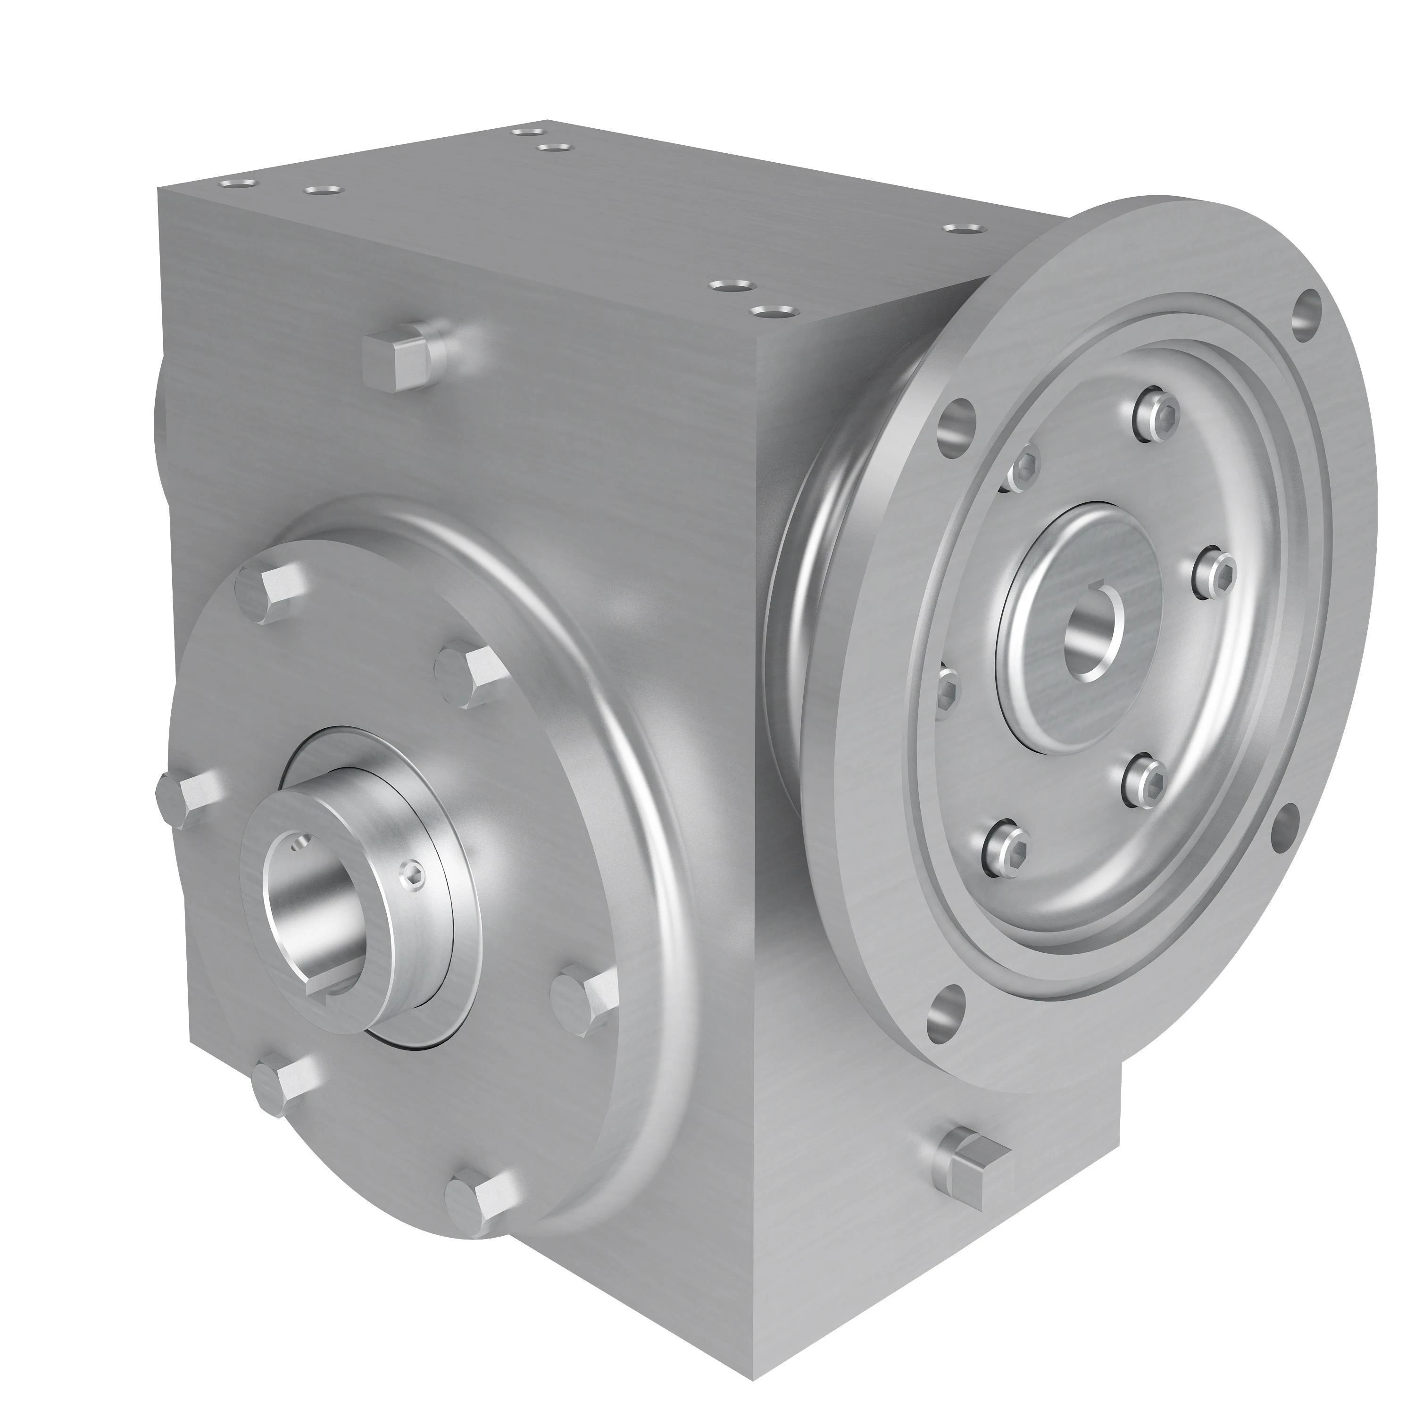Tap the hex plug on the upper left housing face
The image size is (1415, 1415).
pos(396,359)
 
